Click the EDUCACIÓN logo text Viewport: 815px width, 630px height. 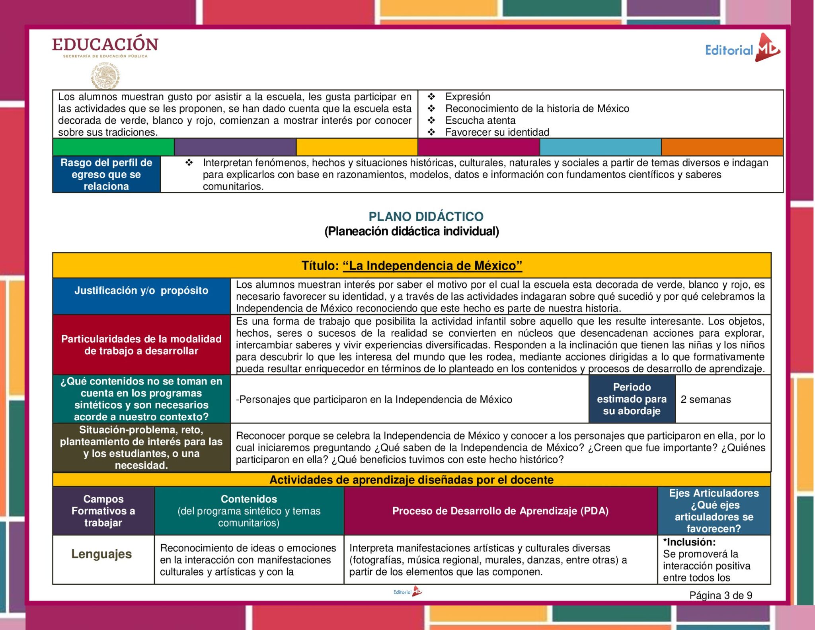pos(105,45)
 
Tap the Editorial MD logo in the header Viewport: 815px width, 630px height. pos(742,49)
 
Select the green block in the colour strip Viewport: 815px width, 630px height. pos(113,147)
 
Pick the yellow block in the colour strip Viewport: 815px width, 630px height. pos(357,147)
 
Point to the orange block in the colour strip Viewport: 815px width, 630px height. pos(722,147)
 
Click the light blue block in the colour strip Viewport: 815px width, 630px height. pos(600,147)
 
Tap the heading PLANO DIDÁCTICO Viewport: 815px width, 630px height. pos(426,217)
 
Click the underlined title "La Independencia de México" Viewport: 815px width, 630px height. pos(432,265)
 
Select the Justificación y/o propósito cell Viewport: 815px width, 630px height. pos(141,291)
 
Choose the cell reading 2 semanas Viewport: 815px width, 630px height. pos(706,400)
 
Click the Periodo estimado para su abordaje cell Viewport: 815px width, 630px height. pos(632,399)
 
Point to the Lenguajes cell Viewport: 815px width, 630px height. pos(101,554)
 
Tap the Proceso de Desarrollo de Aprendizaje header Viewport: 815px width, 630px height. pos(500,511)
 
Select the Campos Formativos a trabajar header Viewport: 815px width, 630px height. pos(103,511)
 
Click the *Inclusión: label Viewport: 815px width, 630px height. pos(689,542)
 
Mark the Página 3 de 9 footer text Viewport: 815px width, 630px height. pos(721,595)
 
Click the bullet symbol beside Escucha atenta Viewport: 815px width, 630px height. pos(431,120)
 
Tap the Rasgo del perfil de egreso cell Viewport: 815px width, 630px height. pos(106,174)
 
